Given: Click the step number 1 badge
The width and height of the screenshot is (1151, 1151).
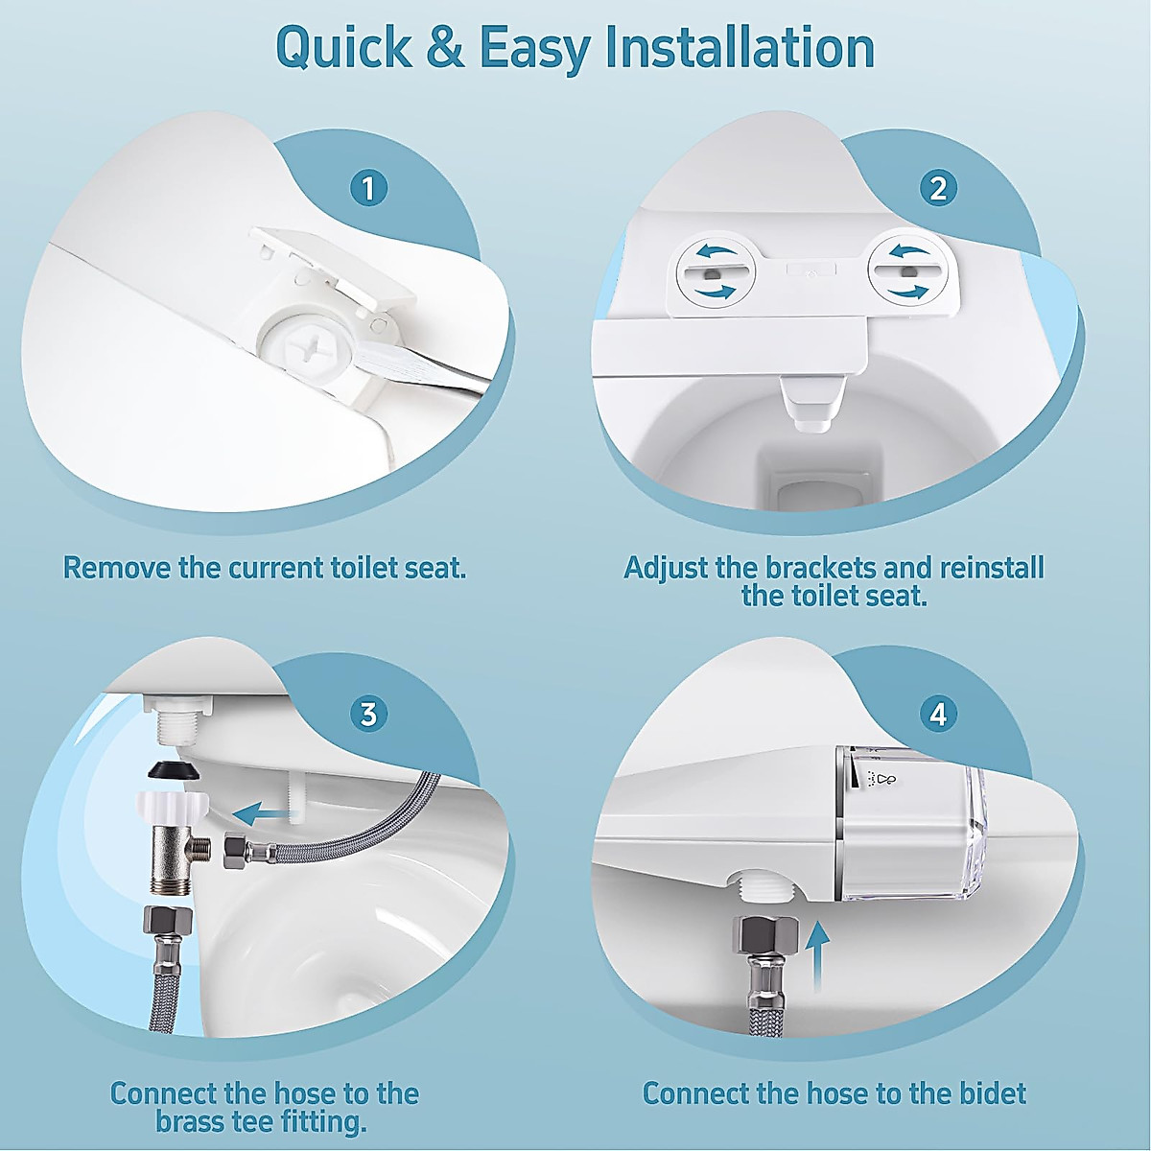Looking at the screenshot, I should (x=368, y=187).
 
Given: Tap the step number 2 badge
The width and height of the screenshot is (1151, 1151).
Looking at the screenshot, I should (x=938, y=187).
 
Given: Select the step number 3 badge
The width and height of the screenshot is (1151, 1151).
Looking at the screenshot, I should (x=368, y=714).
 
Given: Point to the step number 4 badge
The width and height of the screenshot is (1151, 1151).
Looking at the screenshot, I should (x=938, y=714).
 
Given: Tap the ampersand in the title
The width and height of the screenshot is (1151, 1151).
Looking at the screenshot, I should (x=444, y=48).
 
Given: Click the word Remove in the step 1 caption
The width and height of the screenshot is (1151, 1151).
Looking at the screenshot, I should (x=117, y=567).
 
